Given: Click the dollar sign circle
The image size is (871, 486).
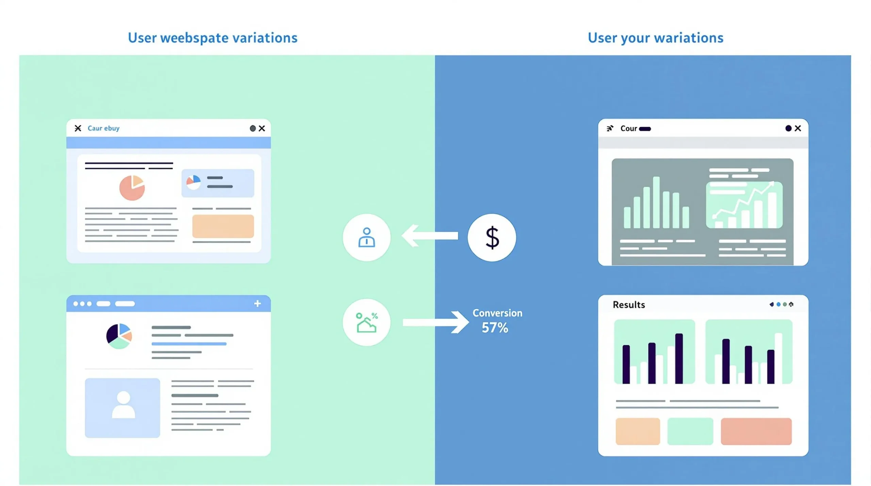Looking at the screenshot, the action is pos(492,237).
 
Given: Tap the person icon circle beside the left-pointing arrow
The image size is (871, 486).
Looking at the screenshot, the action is pos(366,237).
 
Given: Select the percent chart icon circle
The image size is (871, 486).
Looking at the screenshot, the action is pos(366,322).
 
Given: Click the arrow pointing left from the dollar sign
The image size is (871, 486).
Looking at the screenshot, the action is pos(430,235).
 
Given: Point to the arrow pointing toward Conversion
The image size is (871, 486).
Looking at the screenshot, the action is pos(436,322).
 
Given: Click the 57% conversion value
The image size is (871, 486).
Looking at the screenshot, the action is pos(495,328).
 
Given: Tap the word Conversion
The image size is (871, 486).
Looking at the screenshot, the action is pos(497,313).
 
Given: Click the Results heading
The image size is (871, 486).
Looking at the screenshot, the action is pos(629,305).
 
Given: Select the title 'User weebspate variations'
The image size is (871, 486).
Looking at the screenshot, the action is pos(213,38).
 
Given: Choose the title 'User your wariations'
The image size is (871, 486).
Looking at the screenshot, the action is pos(656,38).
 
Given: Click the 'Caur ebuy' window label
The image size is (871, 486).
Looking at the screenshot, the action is pos(103,128).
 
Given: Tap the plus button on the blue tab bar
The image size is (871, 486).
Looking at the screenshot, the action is pos(258,303).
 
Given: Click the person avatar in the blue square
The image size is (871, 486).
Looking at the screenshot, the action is pos(124,405).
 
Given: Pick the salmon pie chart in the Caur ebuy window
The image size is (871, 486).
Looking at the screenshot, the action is pos(132,188).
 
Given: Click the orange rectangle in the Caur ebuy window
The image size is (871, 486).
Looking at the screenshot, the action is pos(223,226).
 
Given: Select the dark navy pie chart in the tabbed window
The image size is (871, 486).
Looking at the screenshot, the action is pos(119,336).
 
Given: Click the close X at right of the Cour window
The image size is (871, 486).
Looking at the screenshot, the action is pos(798,128).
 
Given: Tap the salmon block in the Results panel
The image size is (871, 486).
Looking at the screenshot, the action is pos(756,431).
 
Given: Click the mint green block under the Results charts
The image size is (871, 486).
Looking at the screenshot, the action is pos(690,431).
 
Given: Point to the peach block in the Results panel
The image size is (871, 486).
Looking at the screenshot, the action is pos(638,431).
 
